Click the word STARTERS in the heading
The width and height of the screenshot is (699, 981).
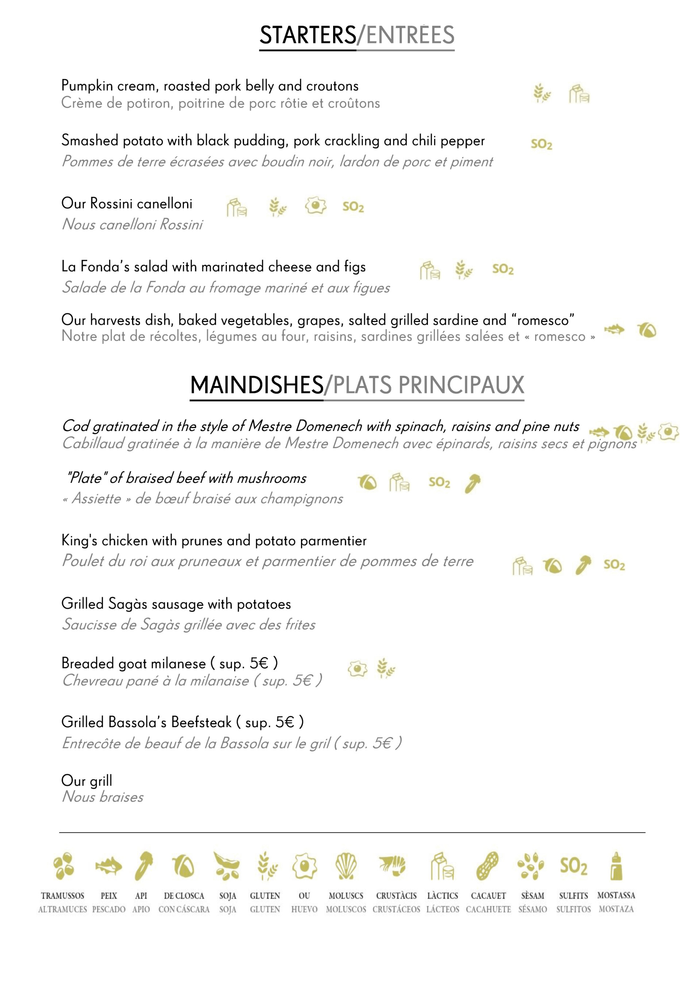tap(308, 35)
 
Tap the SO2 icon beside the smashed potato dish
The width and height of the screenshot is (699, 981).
tap(541, 144)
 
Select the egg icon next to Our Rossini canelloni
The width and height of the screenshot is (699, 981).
tap(316, 206)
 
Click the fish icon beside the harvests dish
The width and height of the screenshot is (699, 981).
tap(614, 330)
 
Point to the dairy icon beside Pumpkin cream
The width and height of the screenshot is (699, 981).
tap(579, 94)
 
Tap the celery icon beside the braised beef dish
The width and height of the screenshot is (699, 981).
tap(472, 483)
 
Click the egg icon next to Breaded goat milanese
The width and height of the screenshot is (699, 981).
tap(357, 669)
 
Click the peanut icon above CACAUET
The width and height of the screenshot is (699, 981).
tap(488, 866)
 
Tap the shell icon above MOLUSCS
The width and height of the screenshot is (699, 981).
tap(346, 866)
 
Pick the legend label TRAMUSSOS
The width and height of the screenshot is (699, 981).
tap(62, 896)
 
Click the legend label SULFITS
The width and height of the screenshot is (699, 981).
tap(573, 896)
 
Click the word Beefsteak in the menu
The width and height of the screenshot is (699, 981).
tap(201, 722)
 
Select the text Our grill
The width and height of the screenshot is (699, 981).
tap(86, 780)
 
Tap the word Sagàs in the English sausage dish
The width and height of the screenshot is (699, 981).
tap(128, 604)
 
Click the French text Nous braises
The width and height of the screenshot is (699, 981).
tap(103, 797)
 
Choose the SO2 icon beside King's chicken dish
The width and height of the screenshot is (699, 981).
tap(614, 565)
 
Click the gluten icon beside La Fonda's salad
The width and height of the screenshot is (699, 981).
tap(464, 270)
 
